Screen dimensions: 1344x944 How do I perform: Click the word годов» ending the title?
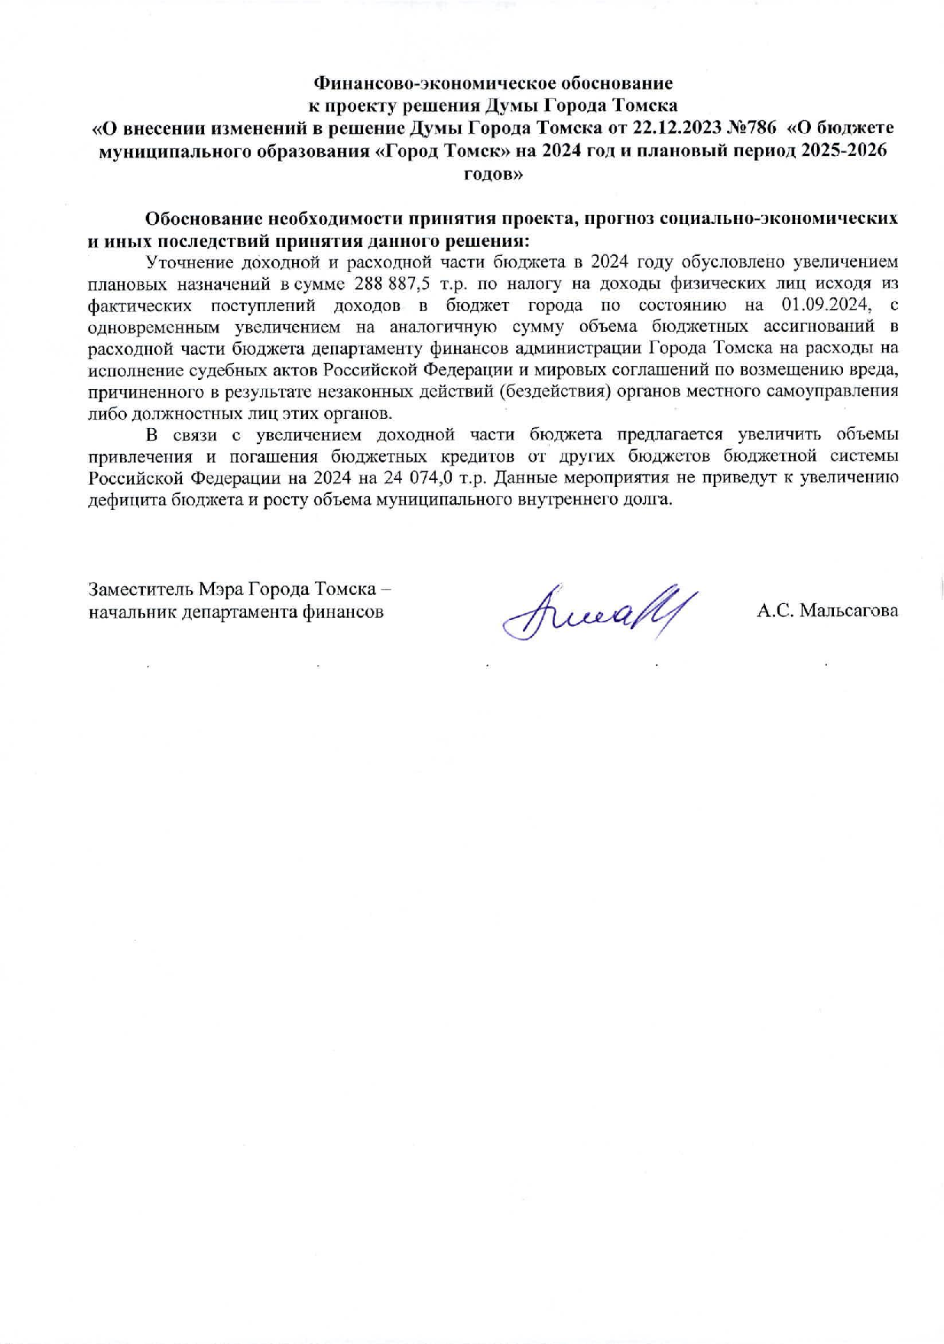(x=494, y=174)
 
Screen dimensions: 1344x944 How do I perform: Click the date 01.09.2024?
(x=826, y=306)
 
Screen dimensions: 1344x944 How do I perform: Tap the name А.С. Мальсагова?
(x=827, y=612)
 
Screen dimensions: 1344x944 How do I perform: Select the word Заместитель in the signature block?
(x=141, y=589)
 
